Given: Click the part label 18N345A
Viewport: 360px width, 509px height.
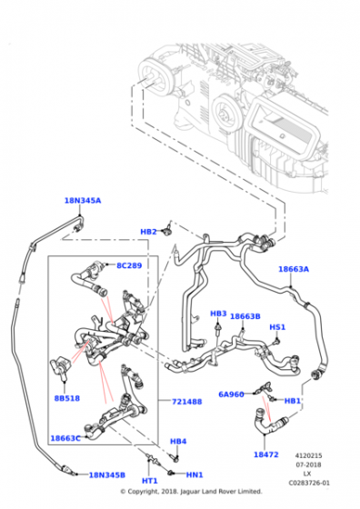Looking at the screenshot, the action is (83, 201).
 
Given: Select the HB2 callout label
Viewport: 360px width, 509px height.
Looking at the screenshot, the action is (148, 232).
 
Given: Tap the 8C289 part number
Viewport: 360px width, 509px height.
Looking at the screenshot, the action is (129, 265).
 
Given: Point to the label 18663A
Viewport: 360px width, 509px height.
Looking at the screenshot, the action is (294, 269).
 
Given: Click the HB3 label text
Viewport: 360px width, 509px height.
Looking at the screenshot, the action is (218, 314).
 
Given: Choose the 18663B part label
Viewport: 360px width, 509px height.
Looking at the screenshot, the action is (245, 316).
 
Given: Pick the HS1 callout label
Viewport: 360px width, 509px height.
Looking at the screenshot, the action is (277, 327).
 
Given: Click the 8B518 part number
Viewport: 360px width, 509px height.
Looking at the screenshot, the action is (67, 398).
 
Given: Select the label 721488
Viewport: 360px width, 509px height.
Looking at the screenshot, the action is (186, 402).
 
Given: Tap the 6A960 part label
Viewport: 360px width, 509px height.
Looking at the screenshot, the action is (231, 394).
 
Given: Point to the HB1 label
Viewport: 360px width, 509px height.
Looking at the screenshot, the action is (293, 401).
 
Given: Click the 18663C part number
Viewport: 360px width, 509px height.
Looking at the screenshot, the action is (65, 438).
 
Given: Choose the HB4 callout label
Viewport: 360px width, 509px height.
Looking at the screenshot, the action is (178, 442).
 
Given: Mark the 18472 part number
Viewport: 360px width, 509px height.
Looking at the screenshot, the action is (266, 454).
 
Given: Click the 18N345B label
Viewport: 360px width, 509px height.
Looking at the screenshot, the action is (106, 475).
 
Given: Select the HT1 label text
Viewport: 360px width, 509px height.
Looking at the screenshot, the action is (150, 481).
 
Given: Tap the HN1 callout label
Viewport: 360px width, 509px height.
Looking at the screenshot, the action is (195, 474).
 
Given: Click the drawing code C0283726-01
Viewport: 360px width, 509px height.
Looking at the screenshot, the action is (309, 483).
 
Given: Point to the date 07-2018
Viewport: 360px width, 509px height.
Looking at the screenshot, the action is (308, 464).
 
